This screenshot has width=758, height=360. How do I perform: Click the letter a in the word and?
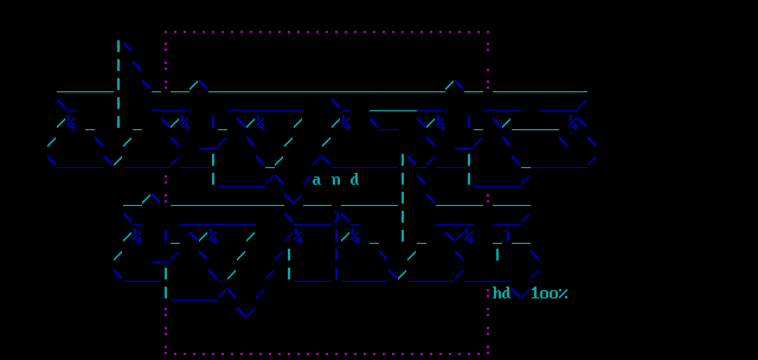click(317, 180)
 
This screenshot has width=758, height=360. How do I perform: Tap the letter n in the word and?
click(336, 180)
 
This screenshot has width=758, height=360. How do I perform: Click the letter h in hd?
click(497, 293)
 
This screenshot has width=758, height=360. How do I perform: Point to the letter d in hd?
click(506, 293)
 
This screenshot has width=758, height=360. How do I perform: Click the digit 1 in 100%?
click(535, 293)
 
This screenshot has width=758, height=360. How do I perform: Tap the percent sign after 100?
click(563, 293)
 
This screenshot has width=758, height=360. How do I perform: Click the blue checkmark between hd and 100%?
click(521, 294)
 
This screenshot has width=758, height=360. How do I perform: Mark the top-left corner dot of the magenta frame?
click(166, 32)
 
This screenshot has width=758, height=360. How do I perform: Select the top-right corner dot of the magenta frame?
click(488, 32)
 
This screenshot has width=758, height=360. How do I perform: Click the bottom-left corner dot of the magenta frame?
click(166, 353)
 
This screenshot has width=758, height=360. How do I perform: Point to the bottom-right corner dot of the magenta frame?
click(488, 353)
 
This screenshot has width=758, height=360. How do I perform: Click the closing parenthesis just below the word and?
click(336, 217)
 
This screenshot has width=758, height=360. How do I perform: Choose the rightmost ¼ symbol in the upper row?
click(573, 123)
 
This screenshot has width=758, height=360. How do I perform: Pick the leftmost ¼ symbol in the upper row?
click(70, 123)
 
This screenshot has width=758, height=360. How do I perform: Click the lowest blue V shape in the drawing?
click(246, 312)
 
